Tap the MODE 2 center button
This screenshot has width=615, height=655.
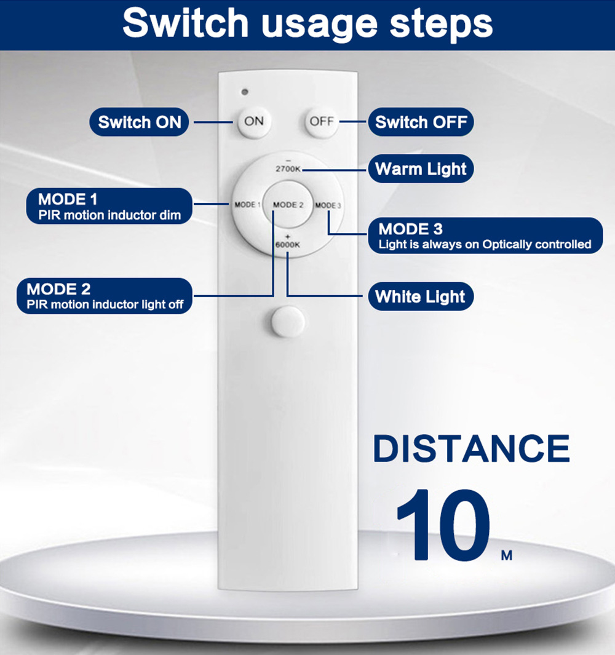pyautogui.click(x=288, y=205)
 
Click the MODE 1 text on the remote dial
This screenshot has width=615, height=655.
pyautogui.click(x=247, y=205)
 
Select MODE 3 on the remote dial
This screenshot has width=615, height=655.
pyautogui.click(x=328, y=205)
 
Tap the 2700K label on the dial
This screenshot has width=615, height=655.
pyautogui.click(x=288, y=169)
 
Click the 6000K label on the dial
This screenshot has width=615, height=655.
pyautogui.click(x=287, y=244)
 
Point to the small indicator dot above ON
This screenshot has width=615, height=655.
pyautogui.click(x=245, y=92)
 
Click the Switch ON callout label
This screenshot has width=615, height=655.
pyautogui.click(x=139, y=122)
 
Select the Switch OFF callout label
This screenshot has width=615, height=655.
pyautogui.click(x=421, y=122)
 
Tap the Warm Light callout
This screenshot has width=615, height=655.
pyautogui.click(x=421, y=169)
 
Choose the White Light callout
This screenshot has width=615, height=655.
pyautogui.click(x=421, y=296)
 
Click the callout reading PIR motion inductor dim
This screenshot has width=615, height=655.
pyautogui.click(x=109, y=206)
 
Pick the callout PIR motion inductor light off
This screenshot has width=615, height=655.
pyautogui.click(x=105, y=296)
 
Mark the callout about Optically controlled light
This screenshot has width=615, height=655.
pyautogui.click(x=485, y=236)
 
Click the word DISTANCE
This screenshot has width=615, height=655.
pyautogui.click(x=471, y=448)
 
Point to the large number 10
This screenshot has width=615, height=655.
pyautogui.click(x=443, y=525)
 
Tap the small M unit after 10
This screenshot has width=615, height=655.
pyautogui.click(x=507, y=555)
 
